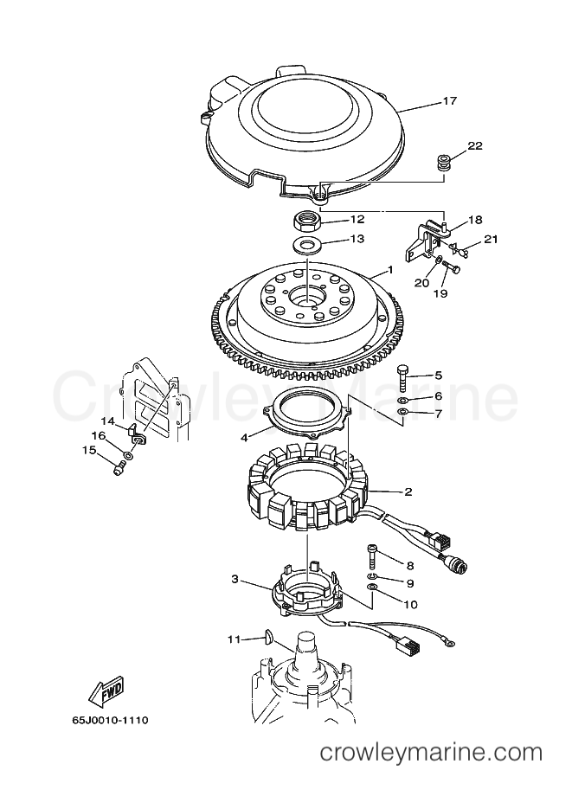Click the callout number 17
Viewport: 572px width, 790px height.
point(449,101)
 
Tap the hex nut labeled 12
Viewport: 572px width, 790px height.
point(307,221)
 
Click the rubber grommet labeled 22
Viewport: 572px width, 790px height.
point(443,164)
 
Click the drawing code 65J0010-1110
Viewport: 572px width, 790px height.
point(110,720)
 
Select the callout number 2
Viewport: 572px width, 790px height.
point(408,491)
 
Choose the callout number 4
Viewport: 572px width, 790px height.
point(244,438)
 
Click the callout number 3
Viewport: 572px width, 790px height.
point(235,580)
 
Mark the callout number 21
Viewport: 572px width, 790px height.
point(491,239)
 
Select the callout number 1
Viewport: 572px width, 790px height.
point(390,271)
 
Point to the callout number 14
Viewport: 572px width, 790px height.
point(108,421)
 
